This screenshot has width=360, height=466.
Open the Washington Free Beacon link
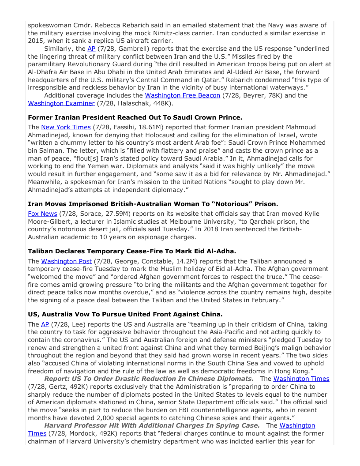click(182, 95)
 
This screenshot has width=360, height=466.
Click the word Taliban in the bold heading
click(42, 251)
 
